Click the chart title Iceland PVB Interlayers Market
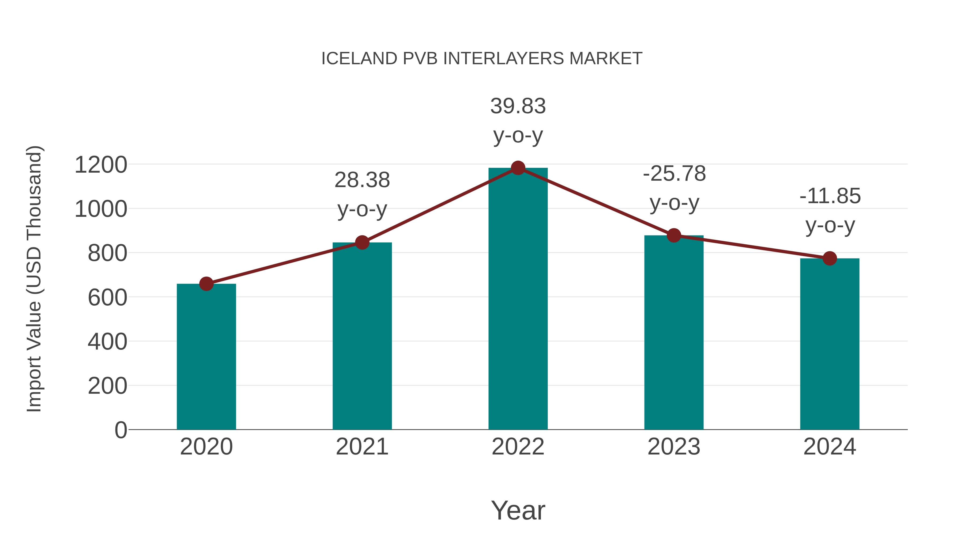482,59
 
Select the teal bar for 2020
206,357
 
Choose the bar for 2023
674,333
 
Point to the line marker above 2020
206,284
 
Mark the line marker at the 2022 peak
518,168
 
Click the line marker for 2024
830,258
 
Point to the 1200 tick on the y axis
101,165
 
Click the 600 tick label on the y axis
107,298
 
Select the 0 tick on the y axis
120,430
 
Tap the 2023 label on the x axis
674,447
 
